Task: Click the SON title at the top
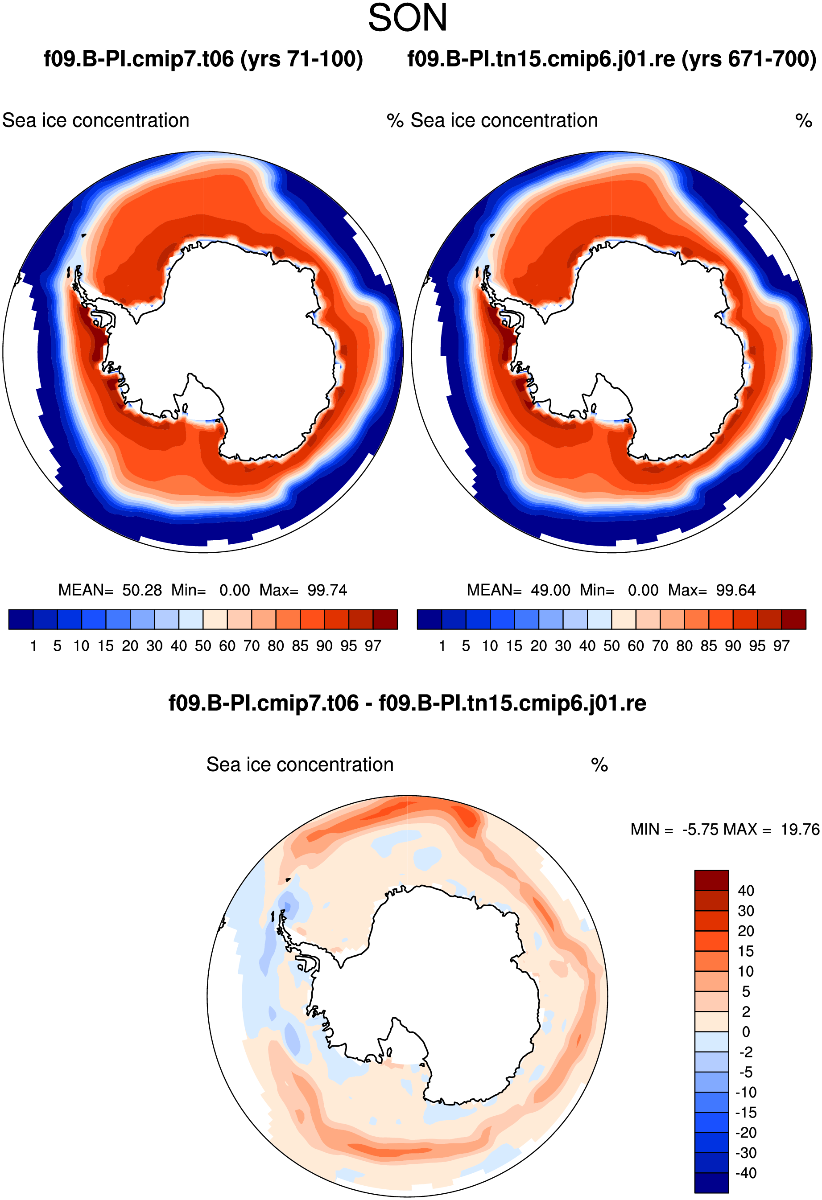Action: point(408,18)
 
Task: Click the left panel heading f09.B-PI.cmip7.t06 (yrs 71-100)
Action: point(203,59)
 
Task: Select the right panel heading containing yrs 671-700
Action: point(612,59)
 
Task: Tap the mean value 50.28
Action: point(142,590)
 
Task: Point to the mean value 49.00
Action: point(551,590)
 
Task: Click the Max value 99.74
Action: point(327,590)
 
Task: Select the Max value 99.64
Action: point(736,590)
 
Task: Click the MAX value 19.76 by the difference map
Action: point(800,829)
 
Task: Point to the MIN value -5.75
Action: point(701,829)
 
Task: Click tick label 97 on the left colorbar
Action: point(372,645)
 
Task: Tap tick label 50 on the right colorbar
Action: point(612,645)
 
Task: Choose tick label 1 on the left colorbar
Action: point(33,645)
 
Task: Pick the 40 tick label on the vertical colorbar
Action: point(746,890)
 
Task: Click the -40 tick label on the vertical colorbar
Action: point(746,1173)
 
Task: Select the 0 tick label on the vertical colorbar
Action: point(746,1032)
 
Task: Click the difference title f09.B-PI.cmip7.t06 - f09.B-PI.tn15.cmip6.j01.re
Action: point(408,703)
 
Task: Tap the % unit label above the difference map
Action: point(599,765)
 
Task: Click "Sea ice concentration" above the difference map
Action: point(300,765)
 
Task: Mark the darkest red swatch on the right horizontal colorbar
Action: point(793,620)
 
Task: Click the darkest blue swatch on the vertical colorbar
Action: point(711,1183)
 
